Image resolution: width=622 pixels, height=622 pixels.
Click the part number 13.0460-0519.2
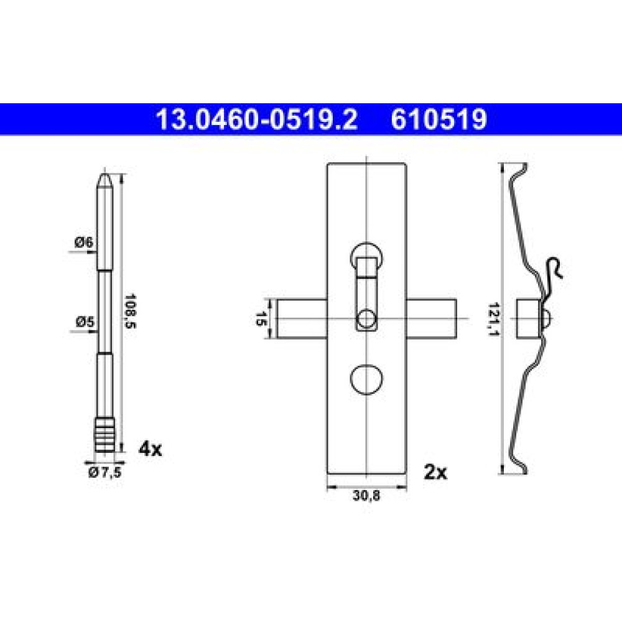click(257, 119)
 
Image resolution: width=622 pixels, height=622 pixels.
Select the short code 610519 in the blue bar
click(439, 119)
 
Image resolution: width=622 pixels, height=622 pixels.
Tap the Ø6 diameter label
click(84, 242)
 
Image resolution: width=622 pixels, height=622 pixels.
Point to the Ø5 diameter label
click(85, 322)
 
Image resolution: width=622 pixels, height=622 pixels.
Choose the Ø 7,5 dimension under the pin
click(104, 473)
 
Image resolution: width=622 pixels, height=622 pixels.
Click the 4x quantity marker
click(150, 449)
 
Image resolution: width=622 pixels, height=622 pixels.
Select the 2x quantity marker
click(435, 472)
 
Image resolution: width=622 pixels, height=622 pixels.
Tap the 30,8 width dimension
click(366, 496)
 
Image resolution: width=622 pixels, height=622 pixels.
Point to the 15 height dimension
click(260, 319)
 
